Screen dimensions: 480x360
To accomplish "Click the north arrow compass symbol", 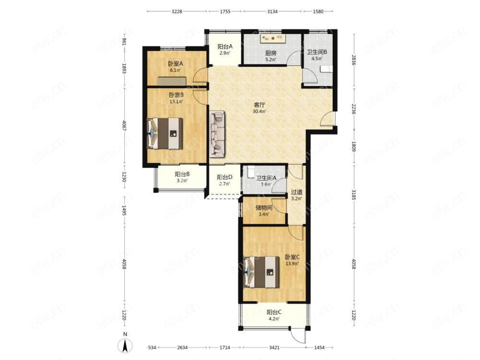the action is pos(125,346).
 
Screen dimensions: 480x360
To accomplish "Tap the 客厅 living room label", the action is pos(259,105).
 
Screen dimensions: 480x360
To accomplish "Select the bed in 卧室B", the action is pos(165,133).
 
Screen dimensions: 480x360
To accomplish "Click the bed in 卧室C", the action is pos(262,272).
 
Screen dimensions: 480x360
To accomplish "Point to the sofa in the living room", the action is pos(217,134).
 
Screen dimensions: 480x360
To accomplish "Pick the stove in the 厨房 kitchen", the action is pos(273,38).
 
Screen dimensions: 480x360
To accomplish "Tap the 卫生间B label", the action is pos(317,52).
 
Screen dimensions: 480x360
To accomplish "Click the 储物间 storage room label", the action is pos(264,207).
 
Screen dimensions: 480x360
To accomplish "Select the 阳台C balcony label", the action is pos(274,312).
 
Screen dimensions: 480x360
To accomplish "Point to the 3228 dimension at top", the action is pos(177,12).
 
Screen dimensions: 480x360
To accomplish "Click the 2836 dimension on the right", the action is pos(354,60).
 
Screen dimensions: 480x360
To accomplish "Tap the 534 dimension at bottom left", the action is pos(153,348).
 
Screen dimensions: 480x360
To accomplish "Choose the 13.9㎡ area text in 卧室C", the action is pos(292,263).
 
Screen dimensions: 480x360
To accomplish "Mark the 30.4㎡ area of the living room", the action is pos(259,111).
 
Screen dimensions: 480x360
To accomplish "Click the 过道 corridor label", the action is pos(296,192).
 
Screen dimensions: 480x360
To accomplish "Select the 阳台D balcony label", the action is pos(225,177).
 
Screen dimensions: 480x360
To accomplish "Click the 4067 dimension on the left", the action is pos(124,126).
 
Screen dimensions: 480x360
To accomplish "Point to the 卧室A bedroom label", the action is pos(175,64).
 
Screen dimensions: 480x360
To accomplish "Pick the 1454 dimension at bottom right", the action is pos(319,348).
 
